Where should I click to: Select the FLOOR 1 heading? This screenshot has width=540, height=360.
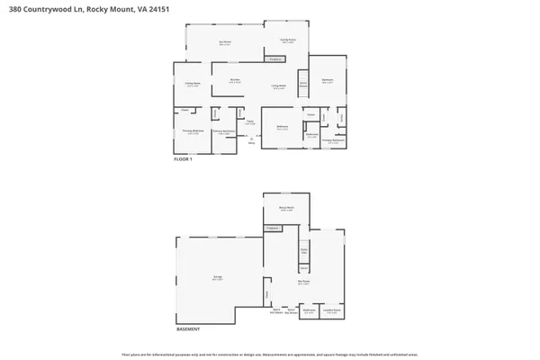tap(184, 158)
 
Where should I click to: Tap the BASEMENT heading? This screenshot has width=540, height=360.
tap(188, 329)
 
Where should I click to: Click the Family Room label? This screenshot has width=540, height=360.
tap(287, 40)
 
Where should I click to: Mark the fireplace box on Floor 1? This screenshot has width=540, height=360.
tap(275, 60)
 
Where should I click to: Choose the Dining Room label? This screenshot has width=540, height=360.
tap(193, 85)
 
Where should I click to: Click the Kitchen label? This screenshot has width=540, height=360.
tap(234, 80)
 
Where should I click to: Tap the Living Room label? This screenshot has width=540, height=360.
tap(279, 85)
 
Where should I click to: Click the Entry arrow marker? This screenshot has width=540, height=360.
tap(253, 139)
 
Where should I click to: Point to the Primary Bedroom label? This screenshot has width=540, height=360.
tap(192, 132)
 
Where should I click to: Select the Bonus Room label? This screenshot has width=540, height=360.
tap(286, 210)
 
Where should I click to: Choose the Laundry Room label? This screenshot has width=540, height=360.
tap(331, 311)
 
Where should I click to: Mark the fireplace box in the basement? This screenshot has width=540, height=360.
tap(272, 229)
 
